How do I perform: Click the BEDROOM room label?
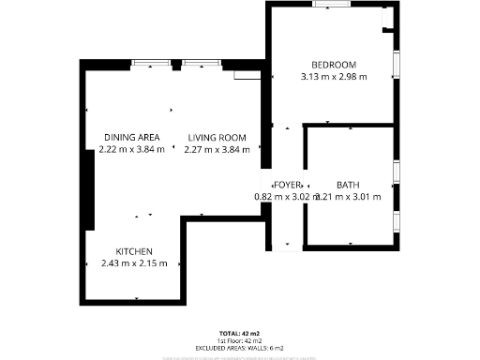tap(333, 64)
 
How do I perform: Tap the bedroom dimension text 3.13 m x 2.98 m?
tap(333, 77)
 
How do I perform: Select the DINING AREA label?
tap(131, 137)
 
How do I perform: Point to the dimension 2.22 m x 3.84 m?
tap(132, 149)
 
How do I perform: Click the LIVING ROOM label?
tap(217, 137)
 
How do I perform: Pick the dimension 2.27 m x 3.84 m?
tap(217, 149)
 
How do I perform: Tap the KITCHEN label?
tap(134, 251)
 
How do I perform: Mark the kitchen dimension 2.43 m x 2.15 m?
tap(134, 263)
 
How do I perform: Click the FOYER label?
tap(286, 185)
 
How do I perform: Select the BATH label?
tap(348, 185)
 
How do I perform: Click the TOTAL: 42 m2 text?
tap(239, 334)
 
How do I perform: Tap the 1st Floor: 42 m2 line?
tap(239, 340)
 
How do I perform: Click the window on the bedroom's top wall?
tap(333, 5)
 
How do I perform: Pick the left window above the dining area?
tap(151, 64)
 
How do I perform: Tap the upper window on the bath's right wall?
tap(397, 172)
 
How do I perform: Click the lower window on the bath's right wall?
tap(397, 222)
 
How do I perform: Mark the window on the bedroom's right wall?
tap(397, 66)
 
